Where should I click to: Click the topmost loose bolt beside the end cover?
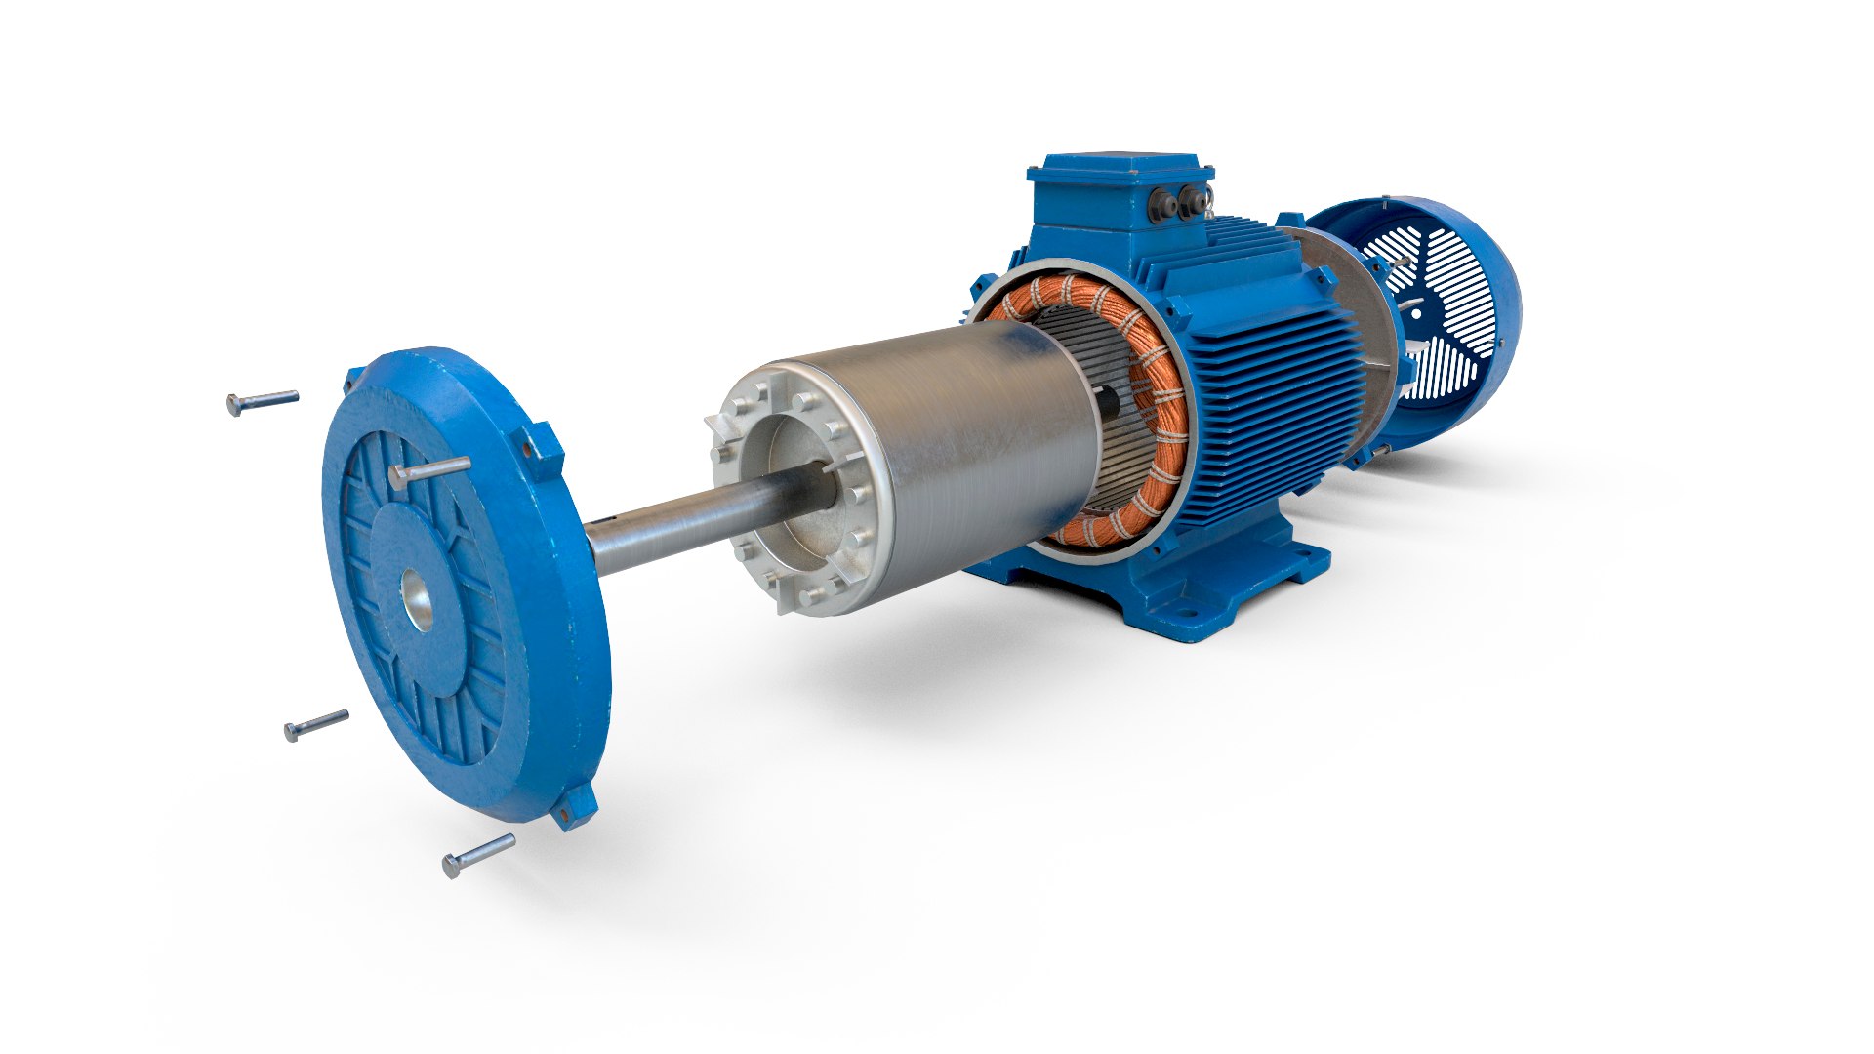(x=262, y=401)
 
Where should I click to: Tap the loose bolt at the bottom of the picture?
(x=477, y=855)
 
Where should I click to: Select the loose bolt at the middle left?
(x=315, y=725)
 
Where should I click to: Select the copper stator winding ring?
(x=1161, y=429)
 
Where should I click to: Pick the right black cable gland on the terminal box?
(x=1192, y=202)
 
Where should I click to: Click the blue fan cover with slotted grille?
(x=1445, y=322)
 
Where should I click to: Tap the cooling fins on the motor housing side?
(x=1269, y=390)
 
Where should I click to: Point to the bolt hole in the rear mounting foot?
(x=1300, y=559)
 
